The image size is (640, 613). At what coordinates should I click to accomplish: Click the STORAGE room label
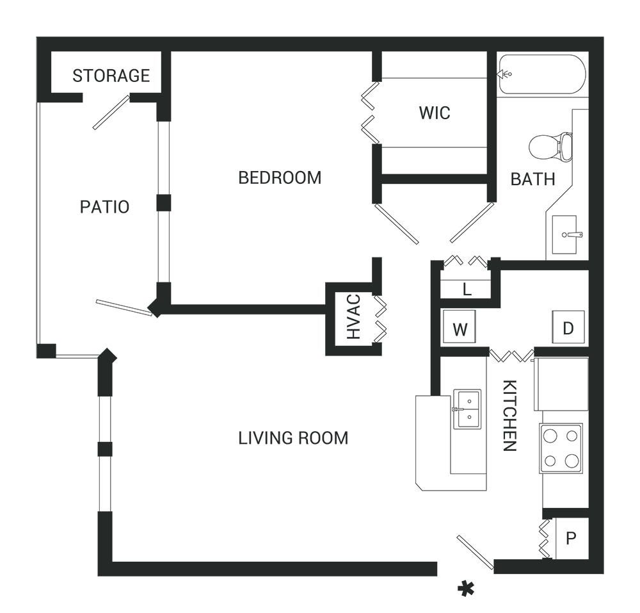[x=111, y=76]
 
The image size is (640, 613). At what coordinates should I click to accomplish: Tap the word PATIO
[x=104, y=207]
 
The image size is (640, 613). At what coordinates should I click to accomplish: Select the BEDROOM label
[x=280, y=178]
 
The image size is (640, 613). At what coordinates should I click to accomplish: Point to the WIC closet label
[x=435, y=113]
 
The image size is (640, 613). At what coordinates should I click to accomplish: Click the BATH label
[x=532, y=180]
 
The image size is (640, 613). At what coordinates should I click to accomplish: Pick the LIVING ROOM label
[x=293, y=438]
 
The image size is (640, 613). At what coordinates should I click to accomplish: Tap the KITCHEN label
[x=510, y=415]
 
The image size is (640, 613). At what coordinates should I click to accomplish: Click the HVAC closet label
[x=354, y=317]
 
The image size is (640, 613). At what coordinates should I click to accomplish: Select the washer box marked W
[x=460, y=327]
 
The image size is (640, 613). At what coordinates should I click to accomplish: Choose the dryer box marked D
[x=568, y=327]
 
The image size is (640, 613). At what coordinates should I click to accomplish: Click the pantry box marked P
[x=572, y=538]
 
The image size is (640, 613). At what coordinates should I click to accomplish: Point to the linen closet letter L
[x=467, y=290]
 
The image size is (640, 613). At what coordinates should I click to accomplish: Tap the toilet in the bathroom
[x=550, y=146]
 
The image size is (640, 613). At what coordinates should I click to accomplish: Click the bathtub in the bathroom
[x=542, y=74]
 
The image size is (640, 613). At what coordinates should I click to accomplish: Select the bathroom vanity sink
[x=565, y=234]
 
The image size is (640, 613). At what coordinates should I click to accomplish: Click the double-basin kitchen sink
[x=467, y=409]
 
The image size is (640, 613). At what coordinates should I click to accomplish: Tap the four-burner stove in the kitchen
[x=561, y=448]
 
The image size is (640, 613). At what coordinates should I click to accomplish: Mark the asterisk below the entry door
[x=466, y=589]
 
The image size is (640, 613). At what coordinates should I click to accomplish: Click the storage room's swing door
[x=111, y=112]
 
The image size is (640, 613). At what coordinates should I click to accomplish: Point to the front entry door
[x=475, y=552]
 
